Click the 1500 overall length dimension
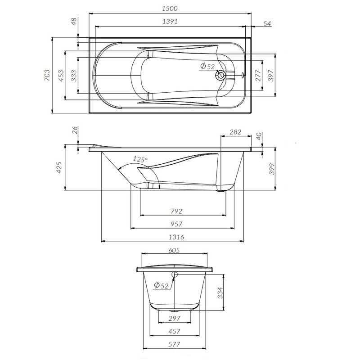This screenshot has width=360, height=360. [x=170, y=9]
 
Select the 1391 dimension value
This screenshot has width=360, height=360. [x=170, y=22]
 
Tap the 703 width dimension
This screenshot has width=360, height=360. [x=47, y=75]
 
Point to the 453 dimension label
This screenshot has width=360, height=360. [x=61, y=76]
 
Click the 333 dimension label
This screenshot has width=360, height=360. [x=74, y=76]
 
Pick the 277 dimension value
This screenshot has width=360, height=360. [x=258, y=76]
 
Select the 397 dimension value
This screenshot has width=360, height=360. [x=271, y=76]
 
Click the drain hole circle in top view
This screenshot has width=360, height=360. [x=220, y=75]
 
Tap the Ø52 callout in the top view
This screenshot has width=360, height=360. [x=207, y=66]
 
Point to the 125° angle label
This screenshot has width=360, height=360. [x=140, y=159]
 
